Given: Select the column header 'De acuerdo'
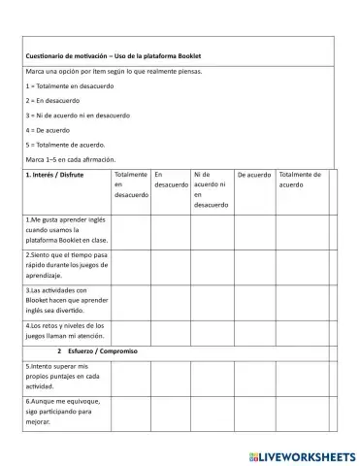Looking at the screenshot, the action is (254, 176).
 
